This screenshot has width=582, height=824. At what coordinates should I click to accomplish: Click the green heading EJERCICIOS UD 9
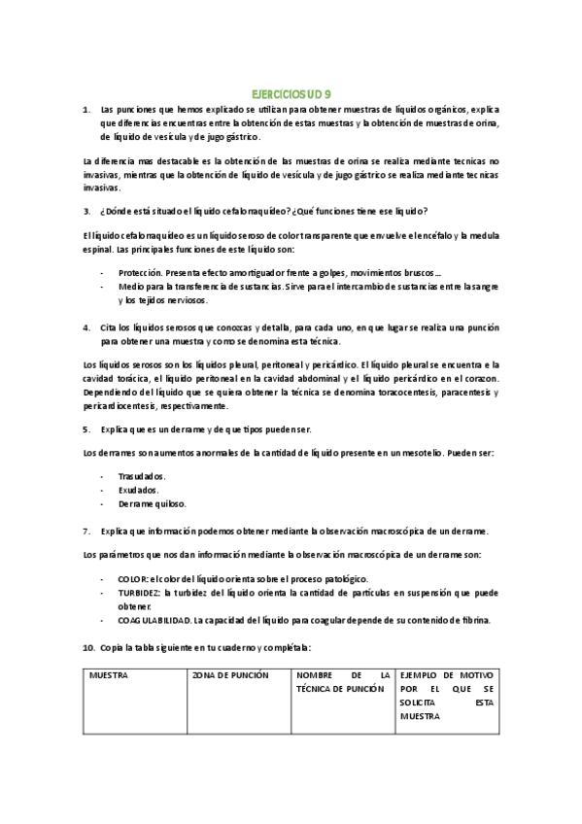[291, 94]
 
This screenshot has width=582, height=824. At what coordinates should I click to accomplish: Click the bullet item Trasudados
[142, 476]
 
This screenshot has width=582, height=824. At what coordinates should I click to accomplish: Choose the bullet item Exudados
[139, 490]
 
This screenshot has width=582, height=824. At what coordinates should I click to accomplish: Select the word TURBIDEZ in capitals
[140, 592]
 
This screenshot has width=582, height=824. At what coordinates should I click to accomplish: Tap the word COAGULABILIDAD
[154, 619]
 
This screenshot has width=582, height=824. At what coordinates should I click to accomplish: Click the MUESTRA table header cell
[108, 673]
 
